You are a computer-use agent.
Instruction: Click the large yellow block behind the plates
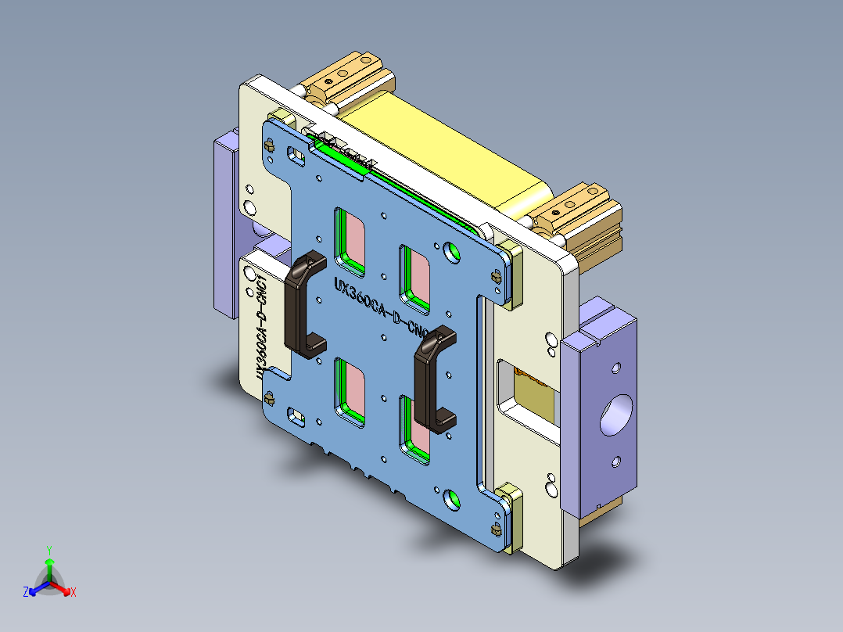tap(438, 149)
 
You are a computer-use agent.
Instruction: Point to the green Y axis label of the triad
tap(48, 550)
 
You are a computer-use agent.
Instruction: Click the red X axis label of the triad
tap(74, 593)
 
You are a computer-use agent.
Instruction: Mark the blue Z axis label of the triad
tap(26, 593)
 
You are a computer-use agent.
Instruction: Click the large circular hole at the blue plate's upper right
tap(452, 251)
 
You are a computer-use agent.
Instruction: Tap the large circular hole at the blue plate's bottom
tap(452, 497)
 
